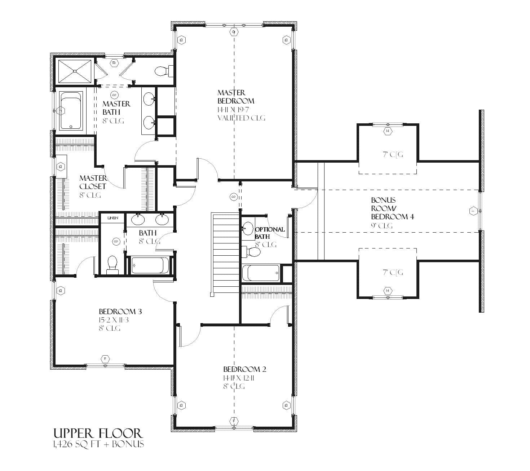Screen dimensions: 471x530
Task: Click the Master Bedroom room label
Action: pyautogui.click(x=236, y=97)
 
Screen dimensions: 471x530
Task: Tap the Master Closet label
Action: pyautogui.click(x=93, y=182)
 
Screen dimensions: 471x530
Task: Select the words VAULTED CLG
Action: pyautogui.click(x=241, y=118)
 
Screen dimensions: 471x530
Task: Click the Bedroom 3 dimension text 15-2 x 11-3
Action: pyautogui.click(x=116, y=320)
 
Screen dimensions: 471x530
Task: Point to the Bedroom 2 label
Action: pyautogui.click(x=244, y=369)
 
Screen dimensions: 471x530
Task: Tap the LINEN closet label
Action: pyautogui.click(x=113, y=218)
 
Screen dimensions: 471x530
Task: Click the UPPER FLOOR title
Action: pyautogui.click(x=98, y=433)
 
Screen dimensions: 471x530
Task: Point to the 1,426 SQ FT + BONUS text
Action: pyautogui.click(x=98, y=444)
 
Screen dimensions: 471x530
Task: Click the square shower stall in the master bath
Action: pyautogui.click(x=75, y=71)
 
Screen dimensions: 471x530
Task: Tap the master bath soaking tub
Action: pyautogui.click(x=71, y=110)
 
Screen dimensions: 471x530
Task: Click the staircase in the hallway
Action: pyautogui.click(x=225, y=254)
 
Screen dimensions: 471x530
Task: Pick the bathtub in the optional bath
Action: pyautogui.click(x=261, y=273)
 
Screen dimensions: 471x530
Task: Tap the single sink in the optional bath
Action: pyautogui.click(x=248, y=228)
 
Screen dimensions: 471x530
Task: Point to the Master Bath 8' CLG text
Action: pyautogui.click(x=114, y=121)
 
